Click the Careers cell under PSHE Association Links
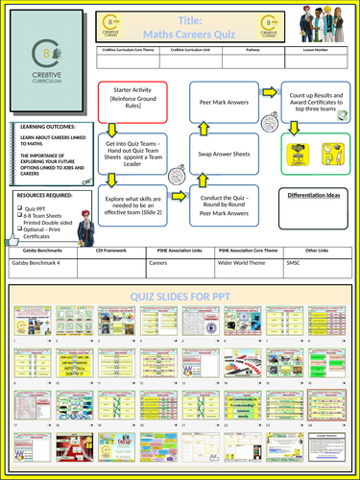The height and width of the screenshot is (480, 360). click(x=165, y=259)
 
